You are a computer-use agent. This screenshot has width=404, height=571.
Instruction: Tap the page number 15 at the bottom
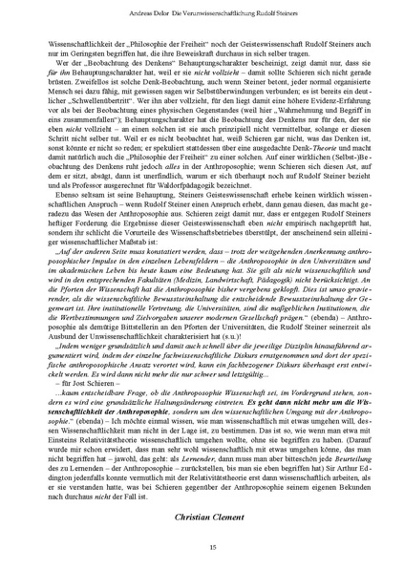[202, 548]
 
